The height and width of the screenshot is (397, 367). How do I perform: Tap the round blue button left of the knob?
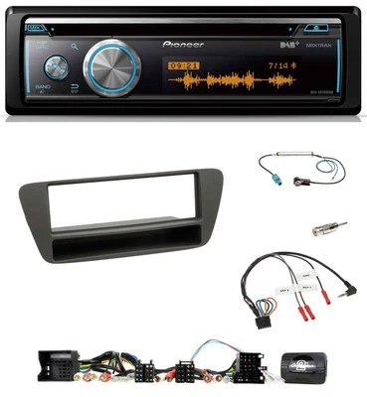[x=55, y=66]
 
